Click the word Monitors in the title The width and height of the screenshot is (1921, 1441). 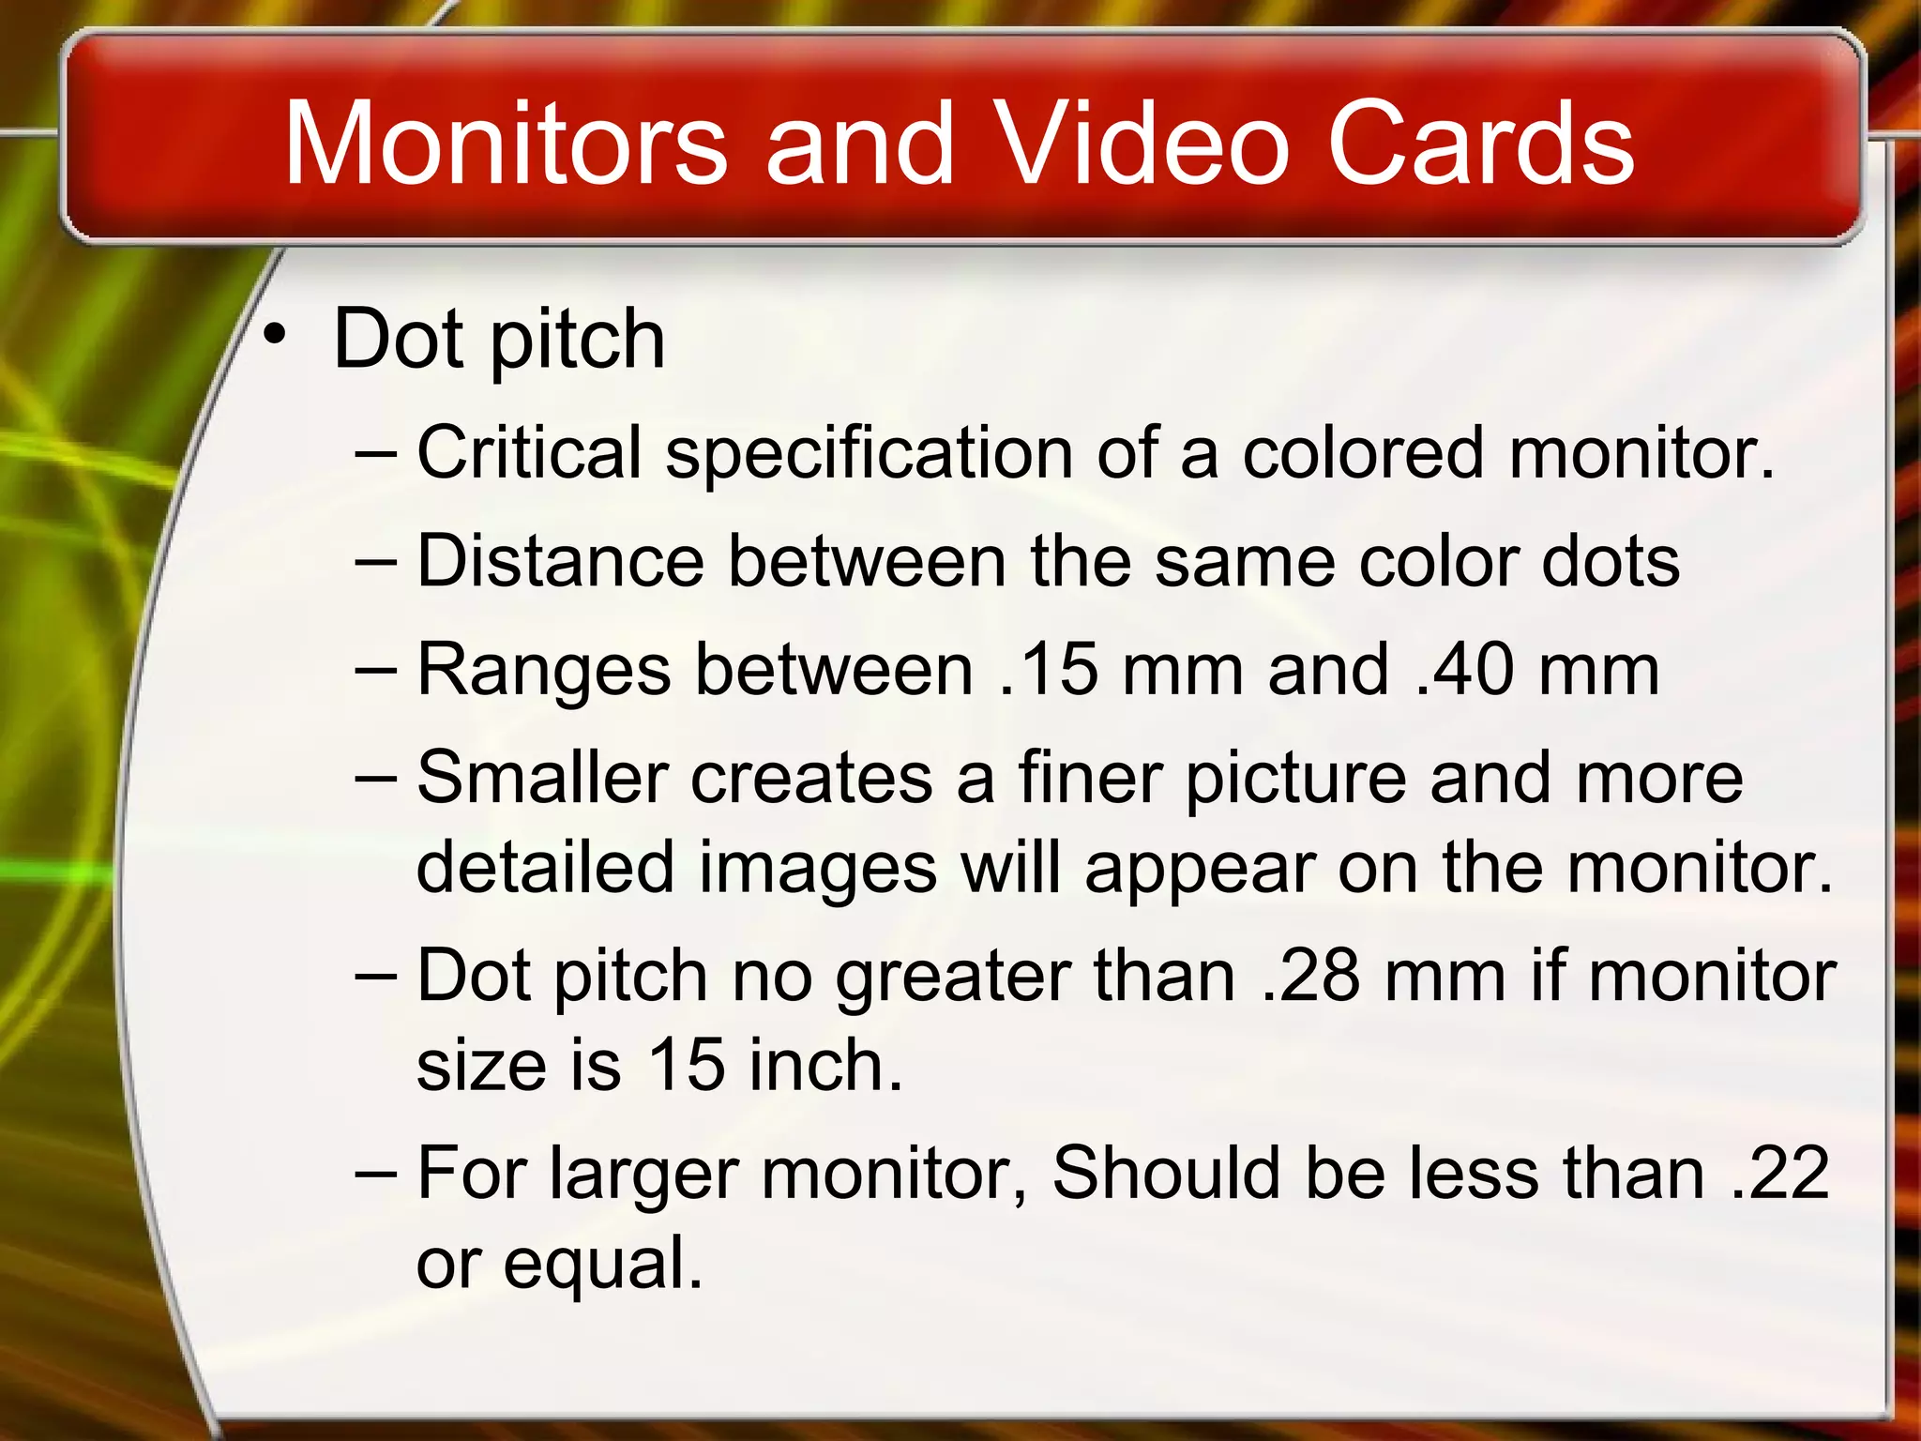click(x=506, y=144)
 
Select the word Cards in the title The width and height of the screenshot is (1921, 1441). click(x=1481, y=144)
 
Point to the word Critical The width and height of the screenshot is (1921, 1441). click(x=529, y=452)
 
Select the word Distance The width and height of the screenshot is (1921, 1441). click(x=560, y=561)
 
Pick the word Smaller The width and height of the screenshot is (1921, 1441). click(x=542, y=778)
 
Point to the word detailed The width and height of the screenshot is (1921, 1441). click(x=545, y=867)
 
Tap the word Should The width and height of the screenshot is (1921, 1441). click(x=1166, y=1173)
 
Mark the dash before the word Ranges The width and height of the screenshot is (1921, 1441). click(x=377, y=670)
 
